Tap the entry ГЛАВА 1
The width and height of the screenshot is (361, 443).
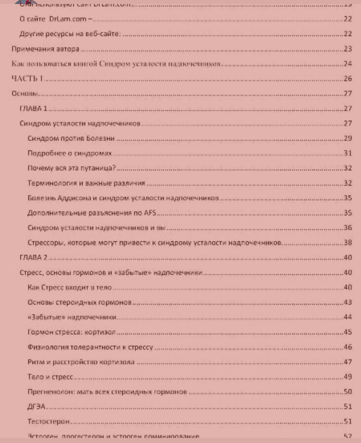33,108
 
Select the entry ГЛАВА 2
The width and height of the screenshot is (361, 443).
33,257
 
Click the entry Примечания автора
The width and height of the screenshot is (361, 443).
45,49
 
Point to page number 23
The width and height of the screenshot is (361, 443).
348,49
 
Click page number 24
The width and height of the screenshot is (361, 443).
348,64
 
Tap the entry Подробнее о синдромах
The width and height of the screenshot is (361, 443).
70,153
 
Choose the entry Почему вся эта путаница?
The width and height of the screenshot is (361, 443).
72,168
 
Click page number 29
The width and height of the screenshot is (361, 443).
348,138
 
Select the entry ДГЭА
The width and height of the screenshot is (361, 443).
36,407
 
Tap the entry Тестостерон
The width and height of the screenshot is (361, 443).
48,421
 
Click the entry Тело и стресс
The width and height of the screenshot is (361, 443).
50,377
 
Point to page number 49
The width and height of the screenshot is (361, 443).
348,377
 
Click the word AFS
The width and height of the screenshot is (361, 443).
150,213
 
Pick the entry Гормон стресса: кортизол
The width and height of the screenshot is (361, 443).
72,332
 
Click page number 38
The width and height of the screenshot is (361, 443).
348,243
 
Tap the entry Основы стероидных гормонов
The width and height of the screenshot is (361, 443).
80,302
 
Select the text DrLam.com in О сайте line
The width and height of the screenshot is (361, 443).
68,19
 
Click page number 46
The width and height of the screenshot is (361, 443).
348,347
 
